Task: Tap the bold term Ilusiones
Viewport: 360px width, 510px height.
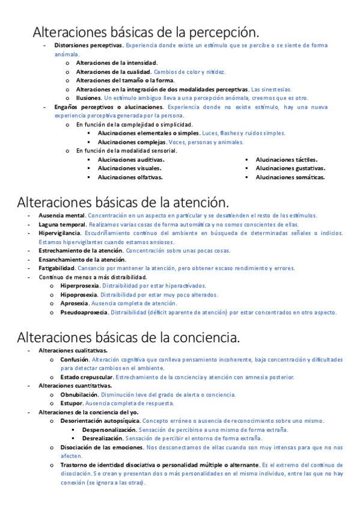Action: tap(88, 97)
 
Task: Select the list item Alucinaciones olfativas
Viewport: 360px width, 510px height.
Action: tap(130, 177)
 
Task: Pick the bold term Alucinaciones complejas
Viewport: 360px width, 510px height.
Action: tap(132, 142)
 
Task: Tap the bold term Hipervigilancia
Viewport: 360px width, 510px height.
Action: tap(59, 233)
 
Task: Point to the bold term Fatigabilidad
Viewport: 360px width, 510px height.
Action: tap(57, 268)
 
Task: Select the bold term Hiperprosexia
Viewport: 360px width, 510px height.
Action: tap(79, 286)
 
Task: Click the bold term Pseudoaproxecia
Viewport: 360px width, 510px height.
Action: tap(84, 312)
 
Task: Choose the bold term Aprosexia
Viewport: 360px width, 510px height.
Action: tap(74, 304)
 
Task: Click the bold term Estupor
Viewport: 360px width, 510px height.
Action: tap(72, 403)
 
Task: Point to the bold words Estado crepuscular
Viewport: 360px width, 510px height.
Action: tap(87, 377)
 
